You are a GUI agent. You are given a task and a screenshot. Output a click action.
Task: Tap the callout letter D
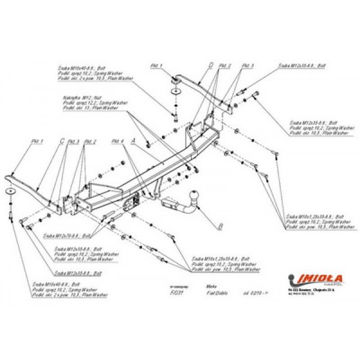(211, 64)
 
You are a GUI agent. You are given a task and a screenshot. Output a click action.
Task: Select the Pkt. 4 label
(117, 141)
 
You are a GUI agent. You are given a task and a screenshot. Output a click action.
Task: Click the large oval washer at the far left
(12, 191)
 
